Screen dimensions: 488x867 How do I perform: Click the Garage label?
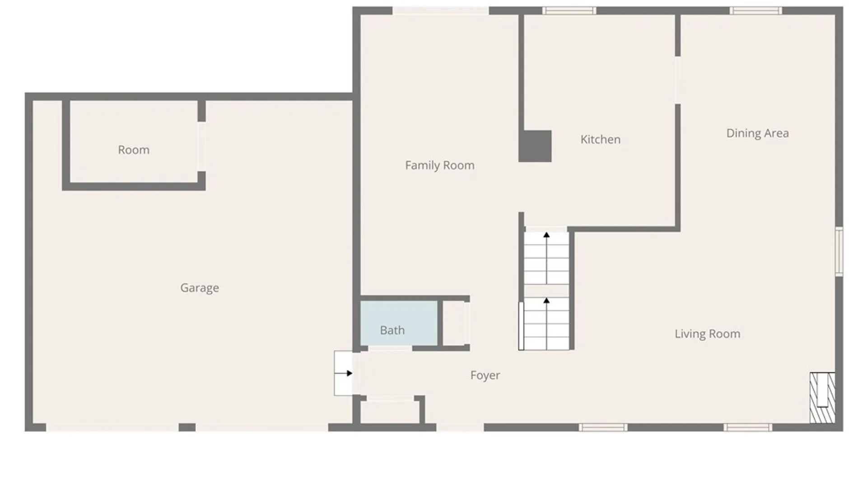(x=200, y=288)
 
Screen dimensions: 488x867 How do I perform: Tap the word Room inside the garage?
(x=134, y=150)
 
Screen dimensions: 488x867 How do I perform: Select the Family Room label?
(x=439, y=165)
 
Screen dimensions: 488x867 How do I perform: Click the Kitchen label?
(x=600, y=140)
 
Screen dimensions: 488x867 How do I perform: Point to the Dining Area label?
(x=757, y=133)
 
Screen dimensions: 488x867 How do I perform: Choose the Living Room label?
(x=707, y=334)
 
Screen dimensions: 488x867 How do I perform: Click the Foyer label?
(x=485, y=375)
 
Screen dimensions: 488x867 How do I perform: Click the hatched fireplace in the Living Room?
(x=822, y=398)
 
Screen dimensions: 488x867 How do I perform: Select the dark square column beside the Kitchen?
(x=535, y=146)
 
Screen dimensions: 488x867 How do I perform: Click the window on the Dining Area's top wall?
(x=755, y=10)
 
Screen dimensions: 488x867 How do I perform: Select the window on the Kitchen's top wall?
(x=569, y=10)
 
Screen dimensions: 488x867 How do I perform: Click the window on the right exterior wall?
(x=839, y=251)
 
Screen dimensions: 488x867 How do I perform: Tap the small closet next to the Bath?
(x=454, y=323)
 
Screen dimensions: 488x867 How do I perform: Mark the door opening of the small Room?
(x=201, y=146)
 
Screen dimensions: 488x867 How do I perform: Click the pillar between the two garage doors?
(x=187, y=427)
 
